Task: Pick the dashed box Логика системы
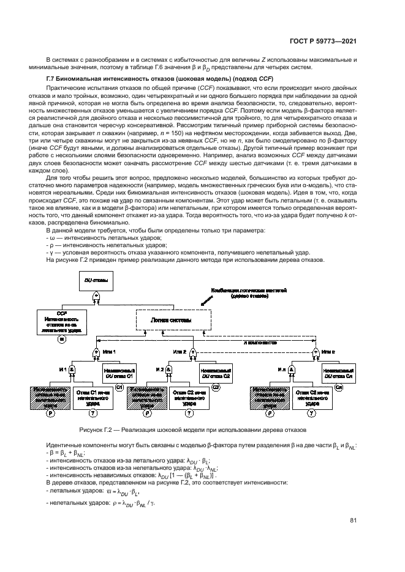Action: click(x=172, y=320)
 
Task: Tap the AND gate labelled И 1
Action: click(x=72, y=371)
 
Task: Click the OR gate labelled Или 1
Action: click(x=96, y=353)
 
